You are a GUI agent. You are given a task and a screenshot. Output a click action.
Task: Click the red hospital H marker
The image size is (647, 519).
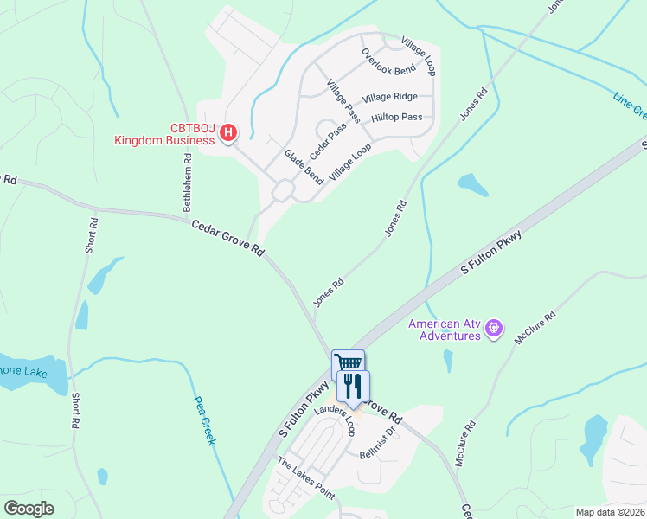(227, 132)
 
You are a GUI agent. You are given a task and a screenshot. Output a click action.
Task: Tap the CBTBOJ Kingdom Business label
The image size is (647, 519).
(164, 133)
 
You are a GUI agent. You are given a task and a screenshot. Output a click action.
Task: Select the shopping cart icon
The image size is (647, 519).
(348, 364)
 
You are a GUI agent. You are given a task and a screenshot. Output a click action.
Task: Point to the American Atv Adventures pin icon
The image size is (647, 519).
(494, 328)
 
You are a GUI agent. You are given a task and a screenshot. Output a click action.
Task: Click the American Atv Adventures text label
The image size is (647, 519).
(445, 330)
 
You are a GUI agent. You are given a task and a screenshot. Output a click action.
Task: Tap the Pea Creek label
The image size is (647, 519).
(204, 420)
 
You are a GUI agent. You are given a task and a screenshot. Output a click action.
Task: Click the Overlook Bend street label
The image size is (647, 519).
(388, 59)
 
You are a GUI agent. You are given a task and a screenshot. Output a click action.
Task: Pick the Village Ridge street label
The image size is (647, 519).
(390, 98)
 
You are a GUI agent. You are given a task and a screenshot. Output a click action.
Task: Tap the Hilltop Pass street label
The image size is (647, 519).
(396, 117)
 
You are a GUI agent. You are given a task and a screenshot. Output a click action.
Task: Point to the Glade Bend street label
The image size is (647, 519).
(304, 166)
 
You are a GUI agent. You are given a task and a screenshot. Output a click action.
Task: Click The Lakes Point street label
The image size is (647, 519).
(305, 477)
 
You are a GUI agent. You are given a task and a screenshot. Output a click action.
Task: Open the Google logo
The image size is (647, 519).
(29, 509)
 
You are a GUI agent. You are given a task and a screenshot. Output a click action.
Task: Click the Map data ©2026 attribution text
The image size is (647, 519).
(609, 512)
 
